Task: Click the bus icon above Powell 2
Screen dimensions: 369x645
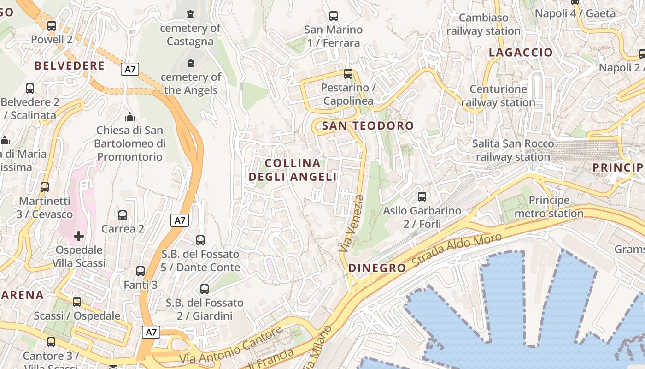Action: pyautogui.click(x=52, y=26)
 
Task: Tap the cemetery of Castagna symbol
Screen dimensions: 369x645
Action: pyautogui.click(x=190, y=15)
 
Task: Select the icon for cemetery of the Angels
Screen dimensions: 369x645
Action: pyautogui.click(x=190, y=63)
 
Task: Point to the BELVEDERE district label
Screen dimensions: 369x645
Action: pyautogui.click(x=70, y=66)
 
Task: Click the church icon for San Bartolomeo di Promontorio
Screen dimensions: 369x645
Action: pyautogui.click(x=130, y=117)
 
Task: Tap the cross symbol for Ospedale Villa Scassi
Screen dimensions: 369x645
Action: pyautogui.click(x=79, y=236)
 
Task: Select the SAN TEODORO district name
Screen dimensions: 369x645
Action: pyautogui.click(x=368, y=125)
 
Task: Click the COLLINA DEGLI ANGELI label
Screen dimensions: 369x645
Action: pyautogui.click(x=293, y=170)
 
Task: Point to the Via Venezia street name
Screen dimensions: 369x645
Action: pyautogui.click(x=352, y=223)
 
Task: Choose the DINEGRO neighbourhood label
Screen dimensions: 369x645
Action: pyautogui.click(x=377, y=268)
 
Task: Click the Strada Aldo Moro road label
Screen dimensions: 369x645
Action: pyautogui.click(x=456, y=250)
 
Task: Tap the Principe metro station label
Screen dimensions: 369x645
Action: pyautogui.click(x=549, y=207)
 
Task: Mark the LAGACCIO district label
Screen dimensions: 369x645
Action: pyautogui.click(x=521, y=53)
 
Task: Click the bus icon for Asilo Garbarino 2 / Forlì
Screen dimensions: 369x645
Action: pyautogui.click(x=422, y=197)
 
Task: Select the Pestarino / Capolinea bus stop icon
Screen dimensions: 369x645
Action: pyautogui.click(x=348, y=74)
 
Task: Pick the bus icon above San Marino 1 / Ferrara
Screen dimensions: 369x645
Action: pyautogui.click(x=334, y=16)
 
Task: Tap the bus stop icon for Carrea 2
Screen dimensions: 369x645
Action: pyautogui.click(x=123, y=215)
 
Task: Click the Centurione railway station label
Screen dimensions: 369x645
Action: pyautogui.click(x=498, y=95)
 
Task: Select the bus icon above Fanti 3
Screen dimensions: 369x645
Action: pyautogui.click(x=141, y=271)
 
